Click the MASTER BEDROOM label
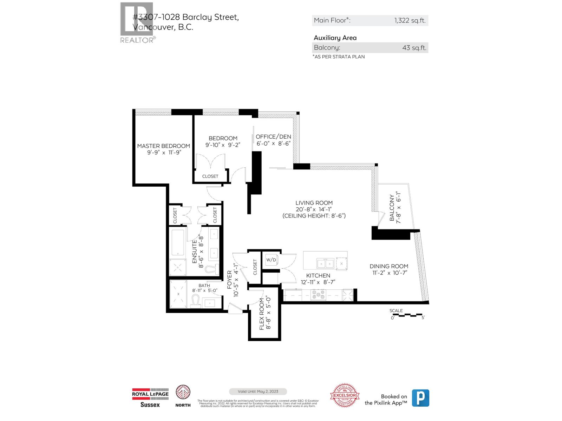(163, 146)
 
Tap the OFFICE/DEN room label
(273, 137)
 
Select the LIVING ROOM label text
(314, 203)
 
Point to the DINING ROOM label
(389, 266)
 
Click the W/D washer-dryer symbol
(271, 260)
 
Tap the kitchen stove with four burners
(318, 295)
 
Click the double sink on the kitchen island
(325, 263)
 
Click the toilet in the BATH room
(195, 301)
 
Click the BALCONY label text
(392, 208)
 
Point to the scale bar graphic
(407, 315)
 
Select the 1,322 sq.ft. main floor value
(410, 20)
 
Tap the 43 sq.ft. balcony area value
(414, 48)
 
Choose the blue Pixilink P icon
(420, 398)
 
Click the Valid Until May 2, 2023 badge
(258, 392)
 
